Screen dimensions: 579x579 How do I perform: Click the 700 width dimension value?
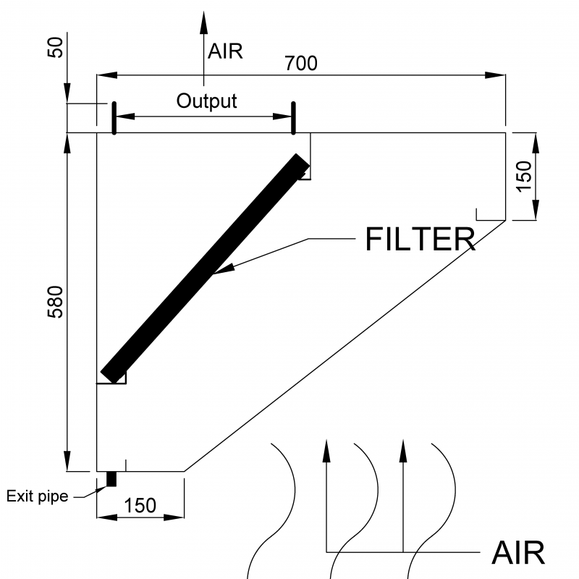[x=301, y=64]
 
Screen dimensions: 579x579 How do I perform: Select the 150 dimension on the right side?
[x=524, y=176]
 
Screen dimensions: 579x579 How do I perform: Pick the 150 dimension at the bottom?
[x=140, y=505]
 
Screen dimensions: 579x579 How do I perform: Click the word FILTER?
[x=420, y=240]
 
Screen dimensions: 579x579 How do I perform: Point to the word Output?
[x=206, y=101]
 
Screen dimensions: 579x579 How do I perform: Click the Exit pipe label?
[x=37, y=496]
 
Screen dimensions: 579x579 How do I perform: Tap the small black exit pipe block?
[x=111, y=479]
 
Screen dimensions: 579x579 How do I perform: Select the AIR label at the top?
[x=225, y=51]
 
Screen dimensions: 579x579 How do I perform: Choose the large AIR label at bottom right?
[x=517, y=553]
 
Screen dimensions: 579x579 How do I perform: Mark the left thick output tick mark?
[x=114, y=118]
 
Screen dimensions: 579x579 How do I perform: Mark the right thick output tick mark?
[x=293, y=118]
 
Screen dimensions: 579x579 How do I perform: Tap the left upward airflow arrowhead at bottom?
[x=326, y=449]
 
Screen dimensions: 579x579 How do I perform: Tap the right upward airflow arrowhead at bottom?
[x=404, y=449]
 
